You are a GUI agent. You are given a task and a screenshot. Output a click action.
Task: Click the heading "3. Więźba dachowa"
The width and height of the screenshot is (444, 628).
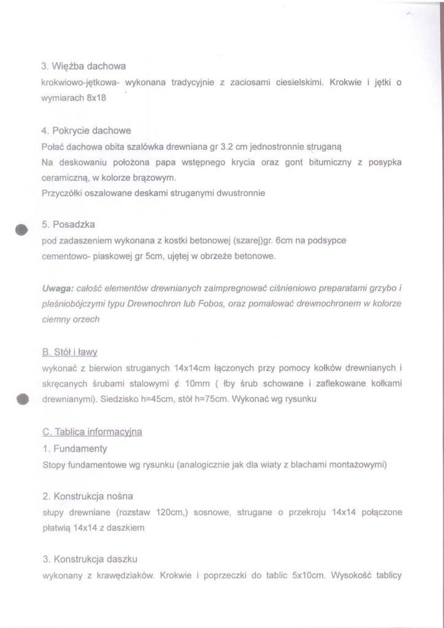click(84, 66)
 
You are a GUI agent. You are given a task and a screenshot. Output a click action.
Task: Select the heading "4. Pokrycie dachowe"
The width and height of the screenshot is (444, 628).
click(86, 131)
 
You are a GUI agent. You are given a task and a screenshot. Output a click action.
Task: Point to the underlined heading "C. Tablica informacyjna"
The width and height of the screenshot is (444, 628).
click(92, 432)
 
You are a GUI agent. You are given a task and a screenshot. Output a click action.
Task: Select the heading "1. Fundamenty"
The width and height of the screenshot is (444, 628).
click(75, 448)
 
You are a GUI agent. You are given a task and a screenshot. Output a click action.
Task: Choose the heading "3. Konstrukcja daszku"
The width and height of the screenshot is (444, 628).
click(90, 559)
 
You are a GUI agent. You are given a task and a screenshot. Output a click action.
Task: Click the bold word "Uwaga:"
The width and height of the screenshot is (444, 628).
click(58, 288)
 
